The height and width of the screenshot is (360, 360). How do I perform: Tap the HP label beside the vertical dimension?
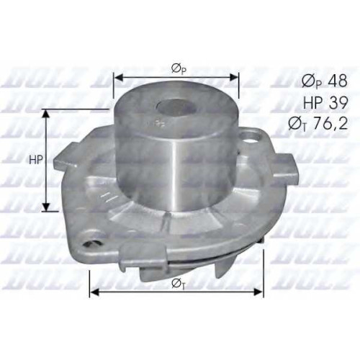[36, 160]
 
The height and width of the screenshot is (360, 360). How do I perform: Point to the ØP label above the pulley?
[179, 69]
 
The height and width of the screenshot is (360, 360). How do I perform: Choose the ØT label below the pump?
[179, 284]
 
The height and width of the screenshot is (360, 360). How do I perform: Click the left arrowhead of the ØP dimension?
[118, 77]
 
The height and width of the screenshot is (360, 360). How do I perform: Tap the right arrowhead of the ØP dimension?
[234, 77]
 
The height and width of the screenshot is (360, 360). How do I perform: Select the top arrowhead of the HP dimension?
[46, 114]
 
